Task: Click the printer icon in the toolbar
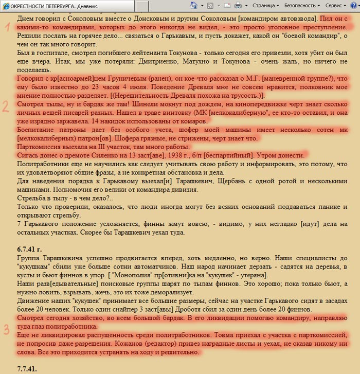[x=238, y=5]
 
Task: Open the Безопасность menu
[x=304, y=5]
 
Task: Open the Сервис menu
[x=336, y=5]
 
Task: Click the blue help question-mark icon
[x=354, y=5]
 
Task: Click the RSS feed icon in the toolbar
[x=210, y=5]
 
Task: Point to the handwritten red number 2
[x=6, y=106]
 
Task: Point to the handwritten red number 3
[x=7, y=329]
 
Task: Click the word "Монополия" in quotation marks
[x=134, y=275]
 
